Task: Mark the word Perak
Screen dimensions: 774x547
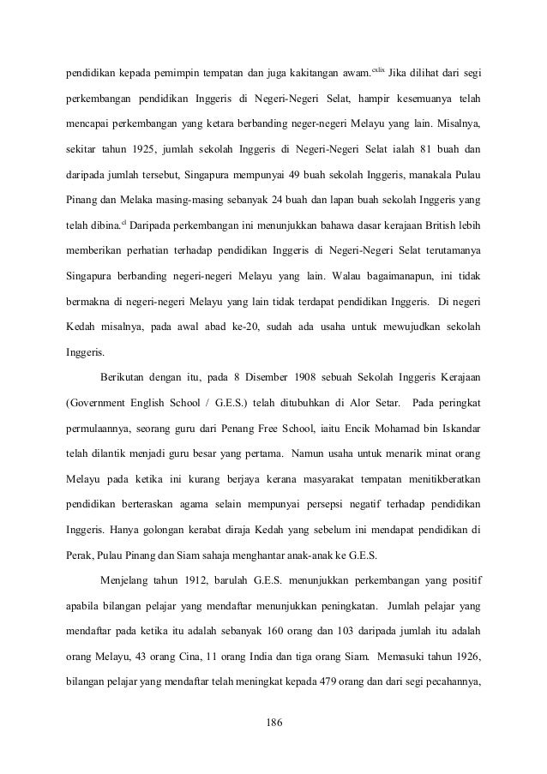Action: tap(81, 554)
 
